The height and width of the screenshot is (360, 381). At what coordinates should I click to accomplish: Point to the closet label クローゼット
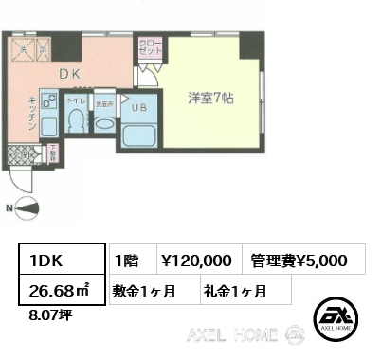click(150, 49)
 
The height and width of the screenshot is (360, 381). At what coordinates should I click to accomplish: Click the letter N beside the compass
click(10, 208)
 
